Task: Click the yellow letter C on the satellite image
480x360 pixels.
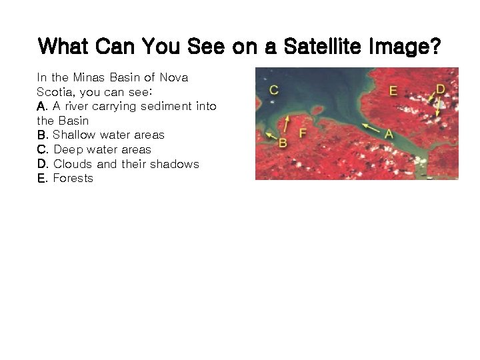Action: click(x=273, y=90)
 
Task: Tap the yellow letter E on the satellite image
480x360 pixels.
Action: click(x=393, y=91)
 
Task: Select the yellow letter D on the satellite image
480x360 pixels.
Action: click(x=440, y=89)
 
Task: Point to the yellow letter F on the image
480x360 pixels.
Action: click(x=303, y=133)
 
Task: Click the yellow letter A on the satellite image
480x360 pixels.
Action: click(x=389, y=134)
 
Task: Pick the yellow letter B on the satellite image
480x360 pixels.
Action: click(x=282, y=143)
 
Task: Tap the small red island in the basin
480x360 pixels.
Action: click(x=317, y=109)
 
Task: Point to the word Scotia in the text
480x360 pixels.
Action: click(x=55, y=91)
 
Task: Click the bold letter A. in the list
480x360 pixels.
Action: click(x=43, y=106)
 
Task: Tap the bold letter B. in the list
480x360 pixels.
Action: click(x=43, y=135)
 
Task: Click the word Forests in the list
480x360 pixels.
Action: click(x=73, y=178)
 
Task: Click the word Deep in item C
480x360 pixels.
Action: click(x=67, y=149)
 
